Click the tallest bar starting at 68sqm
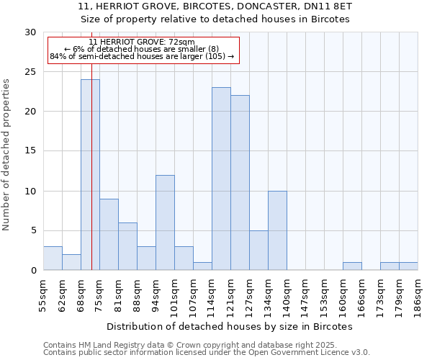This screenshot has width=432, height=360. (90, 175)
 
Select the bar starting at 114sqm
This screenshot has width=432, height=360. (221, 179)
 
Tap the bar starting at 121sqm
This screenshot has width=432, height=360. (240, 183)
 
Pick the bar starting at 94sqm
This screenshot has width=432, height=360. (165, 222)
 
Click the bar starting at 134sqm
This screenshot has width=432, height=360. (277, 230)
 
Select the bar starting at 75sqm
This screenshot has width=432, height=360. (109, 235)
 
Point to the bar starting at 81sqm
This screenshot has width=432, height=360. (127, 246)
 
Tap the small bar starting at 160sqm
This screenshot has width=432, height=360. (352, 266)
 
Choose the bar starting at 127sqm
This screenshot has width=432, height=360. (258, 251)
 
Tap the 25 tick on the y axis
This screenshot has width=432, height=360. (31, 72)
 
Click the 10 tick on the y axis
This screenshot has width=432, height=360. (31, 191)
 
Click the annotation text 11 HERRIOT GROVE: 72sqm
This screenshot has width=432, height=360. (142, 42)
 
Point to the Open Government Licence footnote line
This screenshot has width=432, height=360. (207, 352)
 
